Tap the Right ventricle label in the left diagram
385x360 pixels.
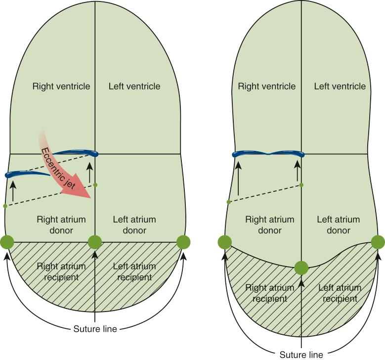pyautogui.click(x=61, y=86)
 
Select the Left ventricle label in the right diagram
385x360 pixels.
pyautogui.click(x=340, y=86)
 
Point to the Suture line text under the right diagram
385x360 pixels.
pyautogui.click(x=301, y=354)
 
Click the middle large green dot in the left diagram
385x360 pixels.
pyautogui.click(x=95, y=242)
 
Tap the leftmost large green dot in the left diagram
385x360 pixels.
pyautogui.click(x=7, y=242)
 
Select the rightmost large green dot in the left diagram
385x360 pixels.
pyautogui.click(x=183, y=242)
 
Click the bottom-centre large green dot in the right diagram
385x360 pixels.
pyautogui.click(x=301, y=268)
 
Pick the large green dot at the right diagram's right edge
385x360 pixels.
pyautogui.click(x=378, y=242)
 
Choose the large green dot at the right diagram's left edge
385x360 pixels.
pyautogui.click(x=224, y=242)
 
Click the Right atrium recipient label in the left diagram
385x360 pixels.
pyautogui.click(x=61, y=271)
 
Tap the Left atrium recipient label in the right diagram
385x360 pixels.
pyautogui.click(x=340, y=293)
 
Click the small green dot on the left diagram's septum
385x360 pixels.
pyautogui.click(x=95, y=185)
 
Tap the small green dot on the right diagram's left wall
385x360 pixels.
pyautogui.click(x=228, y=202)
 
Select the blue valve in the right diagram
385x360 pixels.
pyautogui.click(x=268, y=154)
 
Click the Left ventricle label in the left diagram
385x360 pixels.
pyautogui.click(x=134, y=86)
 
